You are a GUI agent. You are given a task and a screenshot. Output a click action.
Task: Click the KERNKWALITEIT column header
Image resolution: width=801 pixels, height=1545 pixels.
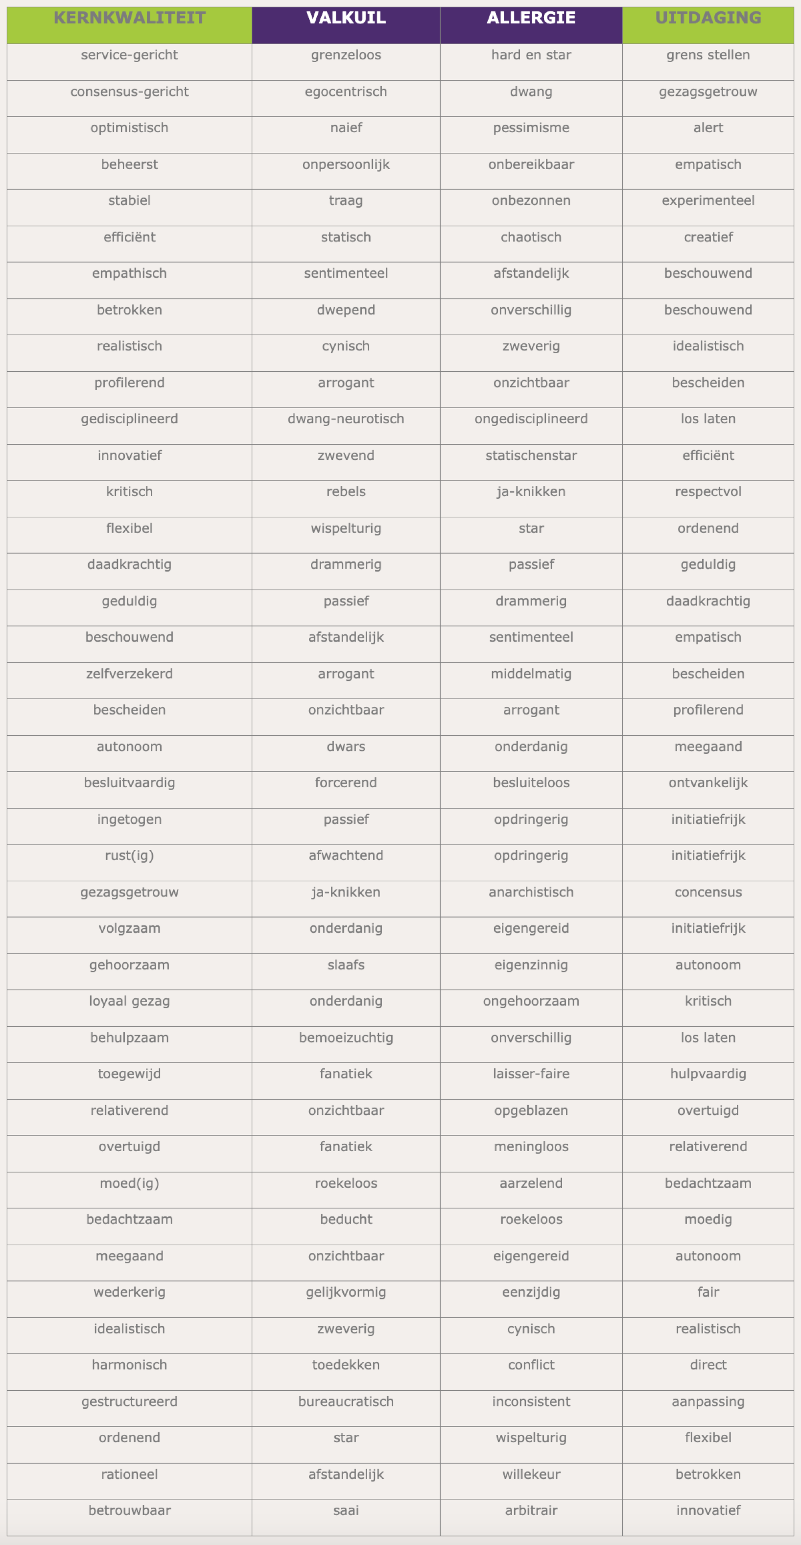130,18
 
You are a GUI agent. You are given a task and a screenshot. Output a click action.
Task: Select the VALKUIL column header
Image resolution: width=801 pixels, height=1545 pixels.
346,18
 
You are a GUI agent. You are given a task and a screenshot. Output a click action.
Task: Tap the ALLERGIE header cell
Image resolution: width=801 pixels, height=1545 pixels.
531,18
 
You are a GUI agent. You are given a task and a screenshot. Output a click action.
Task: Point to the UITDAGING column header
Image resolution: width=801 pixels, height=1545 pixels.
707,18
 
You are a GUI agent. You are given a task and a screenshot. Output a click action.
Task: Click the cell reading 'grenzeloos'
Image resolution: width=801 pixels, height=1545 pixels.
346,55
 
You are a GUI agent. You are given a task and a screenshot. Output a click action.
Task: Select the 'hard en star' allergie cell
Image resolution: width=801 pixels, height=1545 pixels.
531,55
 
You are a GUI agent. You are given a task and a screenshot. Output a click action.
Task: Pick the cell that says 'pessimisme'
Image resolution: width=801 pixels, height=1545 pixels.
531,128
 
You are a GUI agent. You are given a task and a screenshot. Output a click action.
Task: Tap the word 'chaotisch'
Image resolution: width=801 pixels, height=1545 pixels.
531,237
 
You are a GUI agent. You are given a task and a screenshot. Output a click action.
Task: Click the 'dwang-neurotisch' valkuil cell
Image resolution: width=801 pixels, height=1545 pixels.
346,419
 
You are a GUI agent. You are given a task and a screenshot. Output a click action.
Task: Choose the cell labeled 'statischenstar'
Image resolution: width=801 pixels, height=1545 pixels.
531,455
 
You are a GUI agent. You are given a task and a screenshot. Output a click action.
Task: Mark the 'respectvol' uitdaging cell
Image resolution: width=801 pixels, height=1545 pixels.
707,492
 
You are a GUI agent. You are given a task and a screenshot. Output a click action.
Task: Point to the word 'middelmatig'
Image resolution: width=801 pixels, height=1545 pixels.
531,674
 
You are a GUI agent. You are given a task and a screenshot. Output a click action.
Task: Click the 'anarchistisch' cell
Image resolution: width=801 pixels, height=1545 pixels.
531,892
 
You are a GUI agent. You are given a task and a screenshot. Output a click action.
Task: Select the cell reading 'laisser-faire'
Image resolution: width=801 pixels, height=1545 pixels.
531,1074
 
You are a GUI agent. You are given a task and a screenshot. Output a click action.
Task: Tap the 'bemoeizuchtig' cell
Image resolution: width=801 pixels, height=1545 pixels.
346,1038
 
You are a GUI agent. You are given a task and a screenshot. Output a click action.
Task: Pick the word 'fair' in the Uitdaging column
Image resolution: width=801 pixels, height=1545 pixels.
707,1292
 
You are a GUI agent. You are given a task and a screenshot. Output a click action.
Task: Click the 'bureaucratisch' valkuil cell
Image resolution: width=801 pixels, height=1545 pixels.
346,1401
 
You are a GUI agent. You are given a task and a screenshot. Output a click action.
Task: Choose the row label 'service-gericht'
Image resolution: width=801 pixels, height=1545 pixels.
130,55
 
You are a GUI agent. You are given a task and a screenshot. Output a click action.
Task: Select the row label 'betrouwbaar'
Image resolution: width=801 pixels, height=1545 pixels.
130,1510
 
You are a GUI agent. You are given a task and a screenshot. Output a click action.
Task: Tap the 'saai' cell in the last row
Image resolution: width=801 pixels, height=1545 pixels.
346,1510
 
